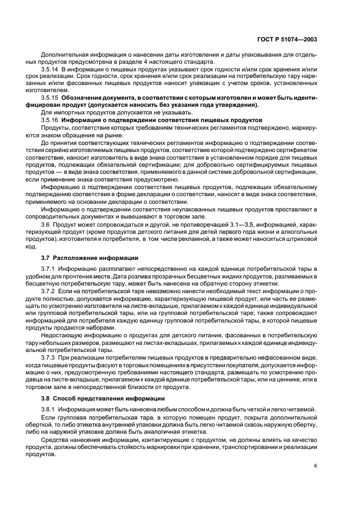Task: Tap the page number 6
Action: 316,466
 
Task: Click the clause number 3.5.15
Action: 51,98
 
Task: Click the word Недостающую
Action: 63,337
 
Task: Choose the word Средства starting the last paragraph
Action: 56,440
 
